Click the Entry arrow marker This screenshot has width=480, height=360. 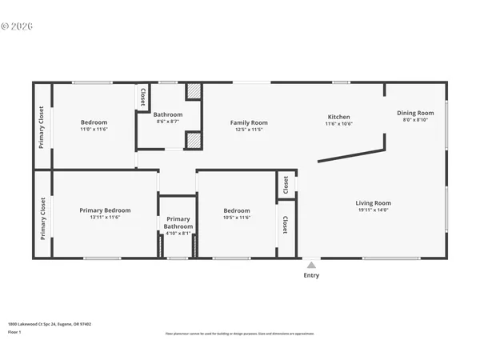[x=311, y=265]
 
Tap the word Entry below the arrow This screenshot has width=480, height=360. [x=311, y=276]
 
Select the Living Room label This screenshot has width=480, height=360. [x=373, y=203]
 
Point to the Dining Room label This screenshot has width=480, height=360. [x=415, y=113]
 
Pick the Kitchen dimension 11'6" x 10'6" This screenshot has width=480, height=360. [x=338, y=124]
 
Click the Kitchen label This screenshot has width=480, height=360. [x=338, y=116]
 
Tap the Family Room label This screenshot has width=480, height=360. [x=249, y=122]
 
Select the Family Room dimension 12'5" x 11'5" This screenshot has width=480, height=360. [x=249, y=130]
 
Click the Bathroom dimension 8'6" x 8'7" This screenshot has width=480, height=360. [x=168, y=122]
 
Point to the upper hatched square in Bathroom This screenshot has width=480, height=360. [x=193, y=91]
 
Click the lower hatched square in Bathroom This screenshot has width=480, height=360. [x=193, y=141]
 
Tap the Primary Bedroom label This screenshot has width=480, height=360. [x=105, y=210]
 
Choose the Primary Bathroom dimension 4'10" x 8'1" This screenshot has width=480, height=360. [x=178, y=234]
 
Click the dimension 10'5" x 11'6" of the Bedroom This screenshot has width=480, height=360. [x=237, y=218]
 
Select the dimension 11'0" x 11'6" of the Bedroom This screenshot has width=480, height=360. [x=94, y=130]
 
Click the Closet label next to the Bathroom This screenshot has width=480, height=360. [x=143, y=97]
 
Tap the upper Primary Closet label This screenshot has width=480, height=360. [x=42, y=128]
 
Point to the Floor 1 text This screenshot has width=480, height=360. [x=15, y=331]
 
